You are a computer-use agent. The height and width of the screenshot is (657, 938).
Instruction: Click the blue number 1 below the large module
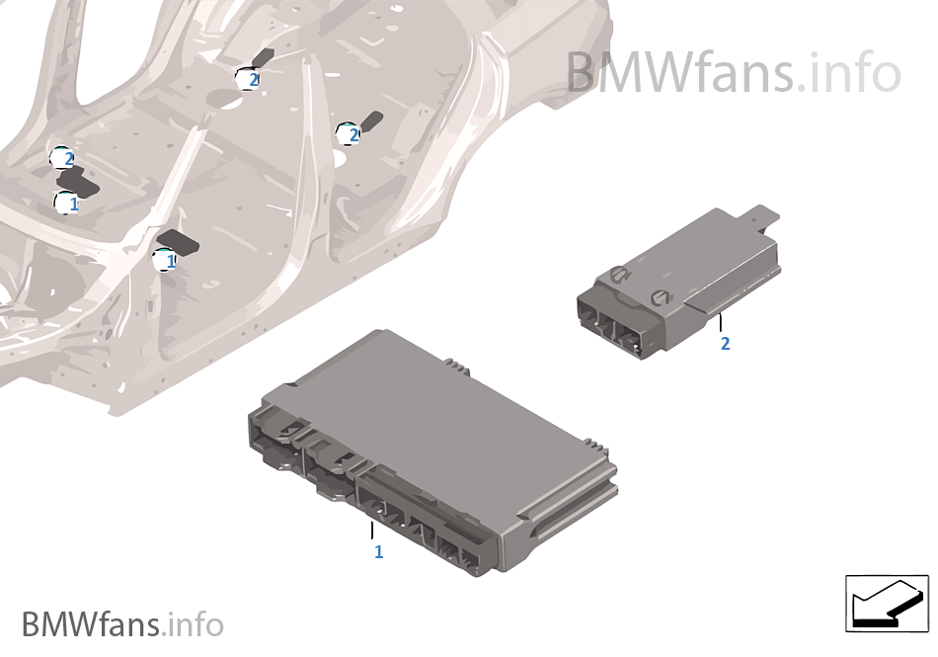click(378, 552)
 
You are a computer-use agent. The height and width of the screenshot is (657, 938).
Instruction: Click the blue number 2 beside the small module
click(726, 344)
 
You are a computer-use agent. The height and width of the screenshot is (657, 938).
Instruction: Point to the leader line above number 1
click(372, 530)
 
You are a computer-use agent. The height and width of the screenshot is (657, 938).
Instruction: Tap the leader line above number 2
click(722, 322)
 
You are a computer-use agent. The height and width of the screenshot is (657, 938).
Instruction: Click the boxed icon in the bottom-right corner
click(887, 603)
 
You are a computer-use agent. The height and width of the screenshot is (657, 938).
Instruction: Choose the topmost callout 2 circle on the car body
click(249, 79)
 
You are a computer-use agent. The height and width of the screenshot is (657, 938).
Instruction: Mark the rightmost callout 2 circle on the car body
click(349, 134)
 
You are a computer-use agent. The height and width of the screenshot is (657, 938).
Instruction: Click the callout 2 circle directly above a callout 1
click(64, 158)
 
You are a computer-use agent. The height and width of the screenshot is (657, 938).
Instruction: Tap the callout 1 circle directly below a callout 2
click(68, 204)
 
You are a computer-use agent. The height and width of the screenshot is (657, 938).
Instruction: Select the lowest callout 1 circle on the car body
click(167, 261)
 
